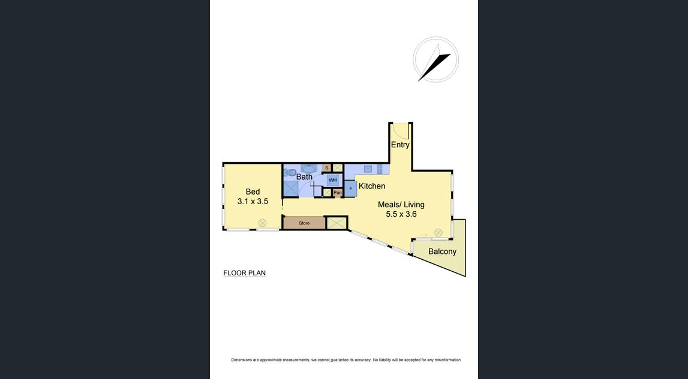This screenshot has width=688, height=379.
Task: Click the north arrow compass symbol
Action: pyautogui.click(x=435, y=60)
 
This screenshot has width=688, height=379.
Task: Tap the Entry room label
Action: pyautogui.click(x=400, y=144)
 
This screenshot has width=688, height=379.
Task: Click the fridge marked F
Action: pyautogui.click(x=350, y=189)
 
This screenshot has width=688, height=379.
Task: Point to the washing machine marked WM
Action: pyautogui.click(x=333, y=180)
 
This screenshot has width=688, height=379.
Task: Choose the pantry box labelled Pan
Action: pyautogui.click(x=338, y=192)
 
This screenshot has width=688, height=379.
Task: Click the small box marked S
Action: pyautogui.click(x=326, y=168)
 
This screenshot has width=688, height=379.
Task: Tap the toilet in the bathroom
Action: pyautogui.click(x=288, y=172)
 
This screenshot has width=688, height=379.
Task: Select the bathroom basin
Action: pyautogui.click(x=309, y=169)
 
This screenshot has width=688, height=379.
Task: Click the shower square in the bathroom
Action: pyautogui.click(x=291, y=189)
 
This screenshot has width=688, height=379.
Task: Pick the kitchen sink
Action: pyautogui.click(x=368, y=169)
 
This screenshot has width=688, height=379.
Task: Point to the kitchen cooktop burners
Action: pyautogui.click(x=380, y=169)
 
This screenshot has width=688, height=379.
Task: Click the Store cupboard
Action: pyautogui.click(x=304, y=223)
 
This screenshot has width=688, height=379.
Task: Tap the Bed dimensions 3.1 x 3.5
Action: pyautogui.click(x=253, y=202)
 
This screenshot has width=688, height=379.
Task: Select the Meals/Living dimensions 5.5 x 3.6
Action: pyautogui.click(x=401, y=214)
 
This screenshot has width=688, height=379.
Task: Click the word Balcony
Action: pyautogui.click(x=442, y=251)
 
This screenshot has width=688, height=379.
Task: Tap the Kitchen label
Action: pyautogui.click(x=372, y=186)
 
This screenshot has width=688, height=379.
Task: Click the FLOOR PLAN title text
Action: pyautogui.click(x=244, y=273)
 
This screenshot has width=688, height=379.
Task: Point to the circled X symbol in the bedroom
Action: pyautogui.click(x=262, y=223)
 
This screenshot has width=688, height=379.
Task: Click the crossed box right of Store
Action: pyautogui.click(x=337, y=223)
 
